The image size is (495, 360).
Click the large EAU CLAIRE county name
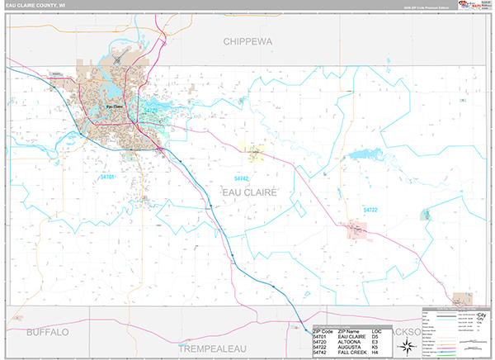(x=249, y=192)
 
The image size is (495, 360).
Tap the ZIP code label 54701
(x=108, y=177)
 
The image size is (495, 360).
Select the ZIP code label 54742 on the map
(x=241, y=178)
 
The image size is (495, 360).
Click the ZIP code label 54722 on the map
(x=370, y=210)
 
